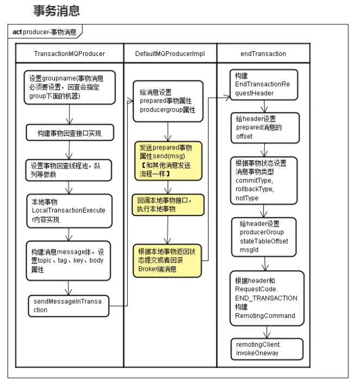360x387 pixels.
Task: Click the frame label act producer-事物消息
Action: click(45, 33)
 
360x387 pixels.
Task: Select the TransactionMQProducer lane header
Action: click(69, 54)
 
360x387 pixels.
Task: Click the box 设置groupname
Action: click(69, 88)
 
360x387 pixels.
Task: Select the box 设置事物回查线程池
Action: click(69, 170)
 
